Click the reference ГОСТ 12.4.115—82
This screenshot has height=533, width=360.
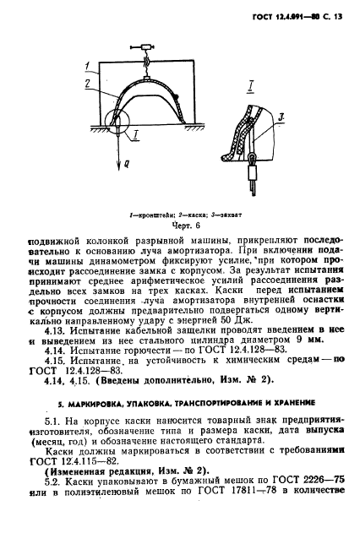[78, 462]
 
